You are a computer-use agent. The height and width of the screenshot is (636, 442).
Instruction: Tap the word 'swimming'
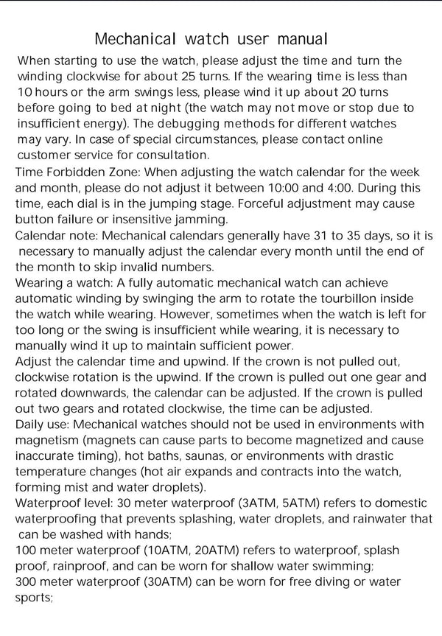click(x=327, y=567)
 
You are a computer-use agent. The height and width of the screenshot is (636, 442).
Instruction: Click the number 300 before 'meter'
click(x=28, y=583)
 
